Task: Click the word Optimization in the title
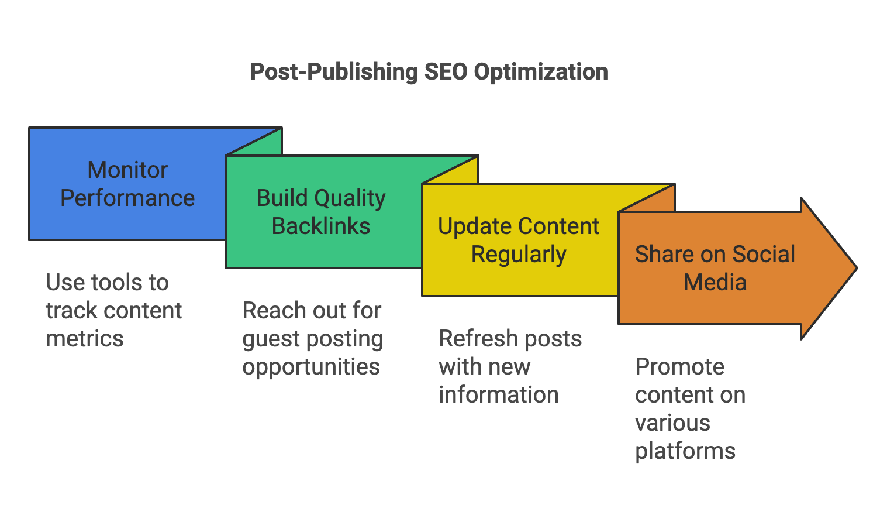[541, 72]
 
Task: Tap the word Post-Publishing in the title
[334, 72]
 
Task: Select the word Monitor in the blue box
[127, 170]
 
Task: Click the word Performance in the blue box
[127, 198]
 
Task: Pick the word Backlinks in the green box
[321, 226]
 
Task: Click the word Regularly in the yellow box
[519, 255]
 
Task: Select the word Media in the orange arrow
[715, 283]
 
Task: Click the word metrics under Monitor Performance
[85, 339]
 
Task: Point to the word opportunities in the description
[311, 367]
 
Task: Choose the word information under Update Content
[499, 395]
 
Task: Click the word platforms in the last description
[685, 451]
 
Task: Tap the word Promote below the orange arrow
[679, 367]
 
